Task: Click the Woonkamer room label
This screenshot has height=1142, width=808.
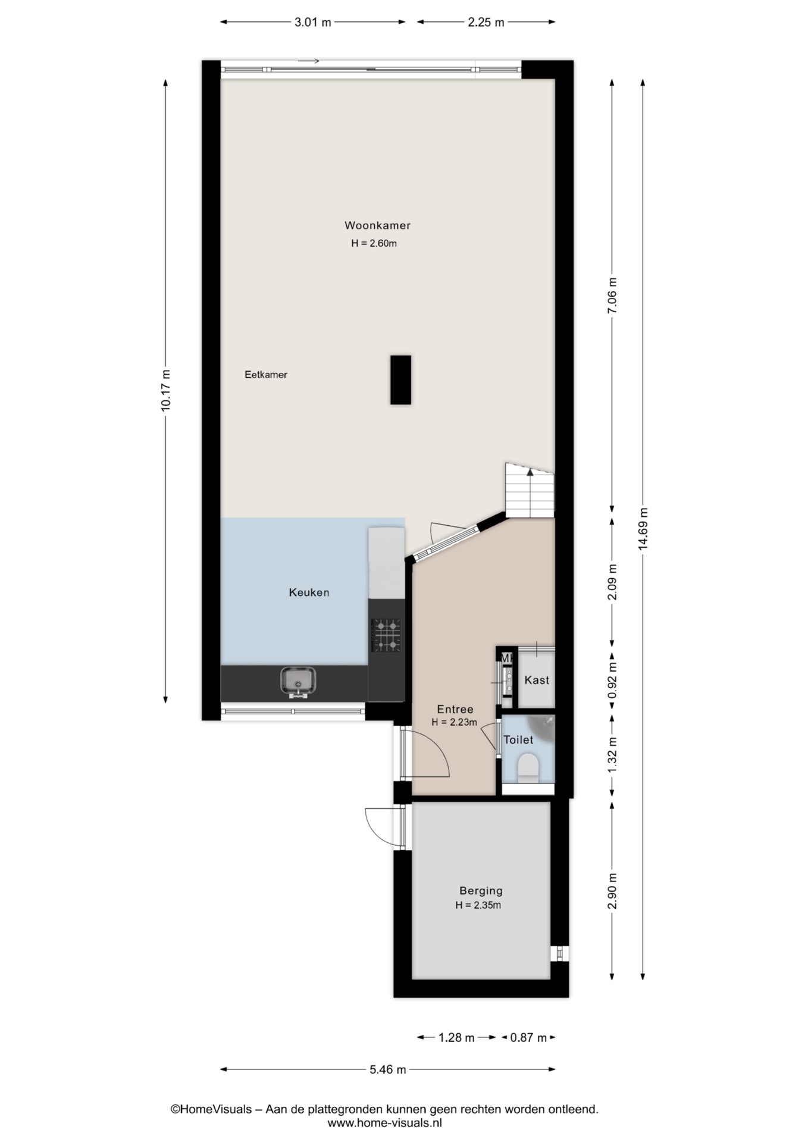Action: (377, 225)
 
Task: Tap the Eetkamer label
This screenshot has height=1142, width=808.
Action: (266, 375)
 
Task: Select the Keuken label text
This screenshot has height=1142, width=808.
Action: (309, 592)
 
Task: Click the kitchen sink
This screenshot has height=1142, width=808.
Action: (298, 681)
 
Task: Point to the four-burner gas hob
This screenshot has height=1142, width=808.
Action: (386, 635)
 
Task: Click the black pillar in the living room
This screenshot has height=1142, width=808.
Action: (400, 380)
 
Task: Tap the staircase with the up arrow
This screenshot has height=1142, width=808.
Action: (530, 490)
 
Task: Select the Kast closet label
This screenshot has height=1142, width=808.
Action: (537, 680)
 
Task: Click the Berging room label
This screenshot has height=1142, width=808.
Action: (481, 890)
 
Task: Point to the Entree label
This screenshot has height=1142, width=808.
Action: (455, 709)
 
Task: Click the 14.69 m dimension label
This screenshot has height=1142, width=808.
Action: (643, 529)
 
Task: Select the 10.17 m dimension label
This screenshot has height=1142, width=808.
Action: (165, 390)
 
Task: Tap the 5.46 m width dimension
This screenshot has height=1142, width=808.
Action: (388, 1069)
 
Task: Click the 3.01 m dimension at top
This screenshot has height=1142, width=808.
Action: (313, 23)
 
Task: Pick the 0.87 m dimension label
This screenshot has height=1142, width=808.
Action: (528, 1038)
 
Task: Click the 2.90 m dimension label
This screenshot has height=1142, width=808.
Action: (612, 891)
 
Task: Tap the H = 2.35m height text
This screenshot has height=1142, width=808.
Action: (478, 905)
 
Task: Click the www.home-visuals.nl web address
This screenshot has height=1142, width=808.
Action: (385, 1124)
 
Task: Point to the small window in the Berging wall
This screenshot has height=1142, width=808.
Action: (559, 953)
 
